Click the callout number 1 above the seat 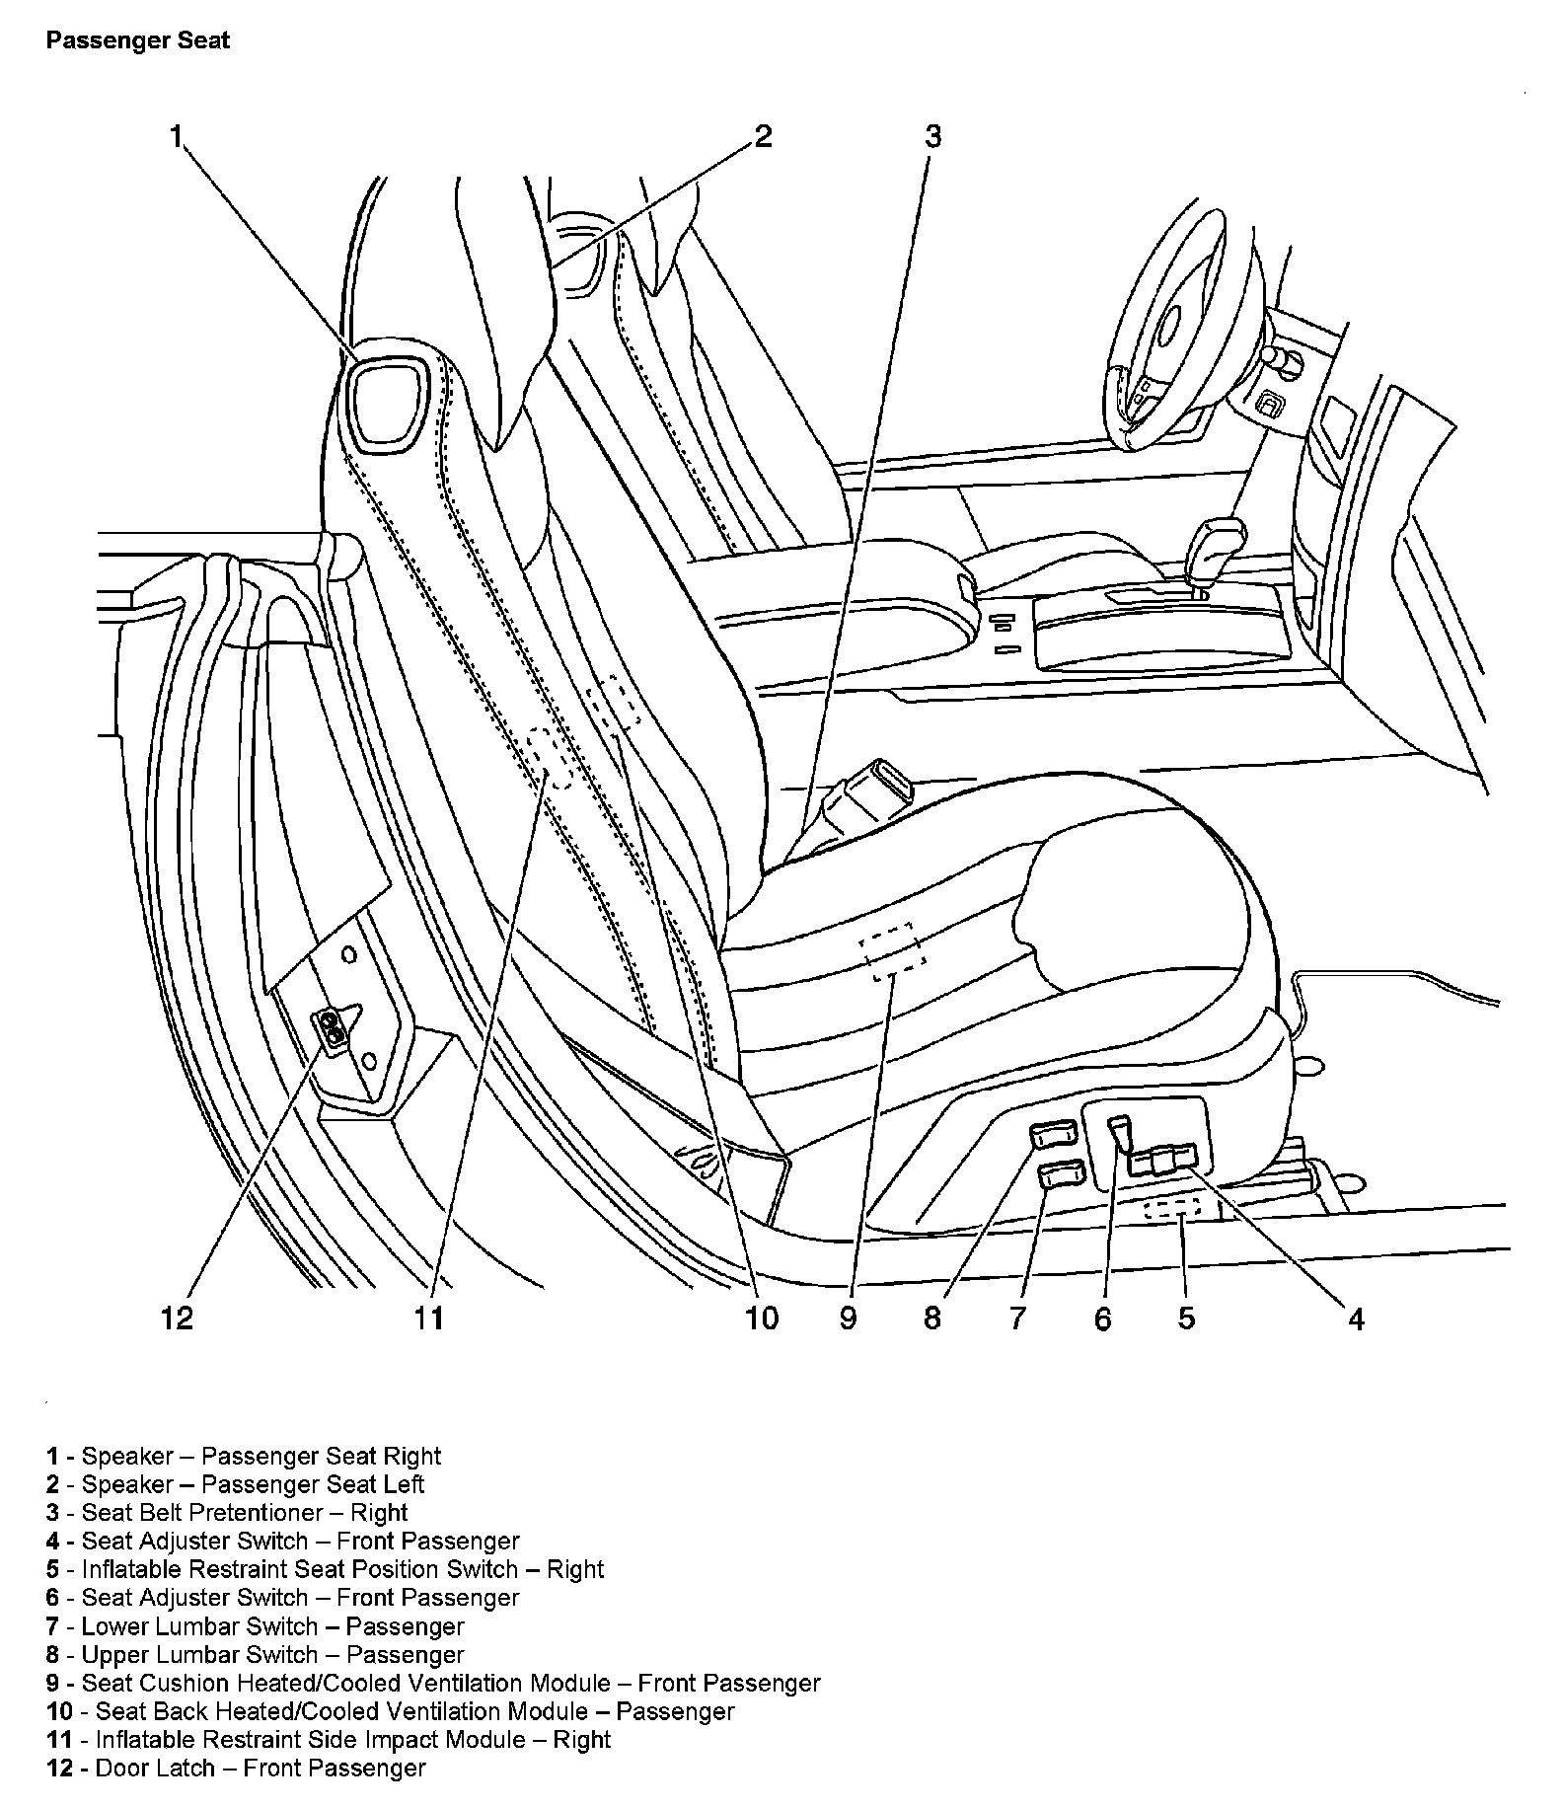[x=177, y=136]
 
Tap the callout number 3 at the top [x=932, y=136]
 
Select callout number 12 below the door [x=178, y=1318]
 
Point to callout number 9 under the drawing [x=848, y=1318]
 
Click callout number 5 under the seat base [x=1186, y=1318]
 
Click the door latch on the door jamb [x=334, y=1029]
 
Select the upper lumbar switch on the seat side [x=1055, y=1135]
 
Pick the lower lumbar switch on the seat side [x=1062, y=1174]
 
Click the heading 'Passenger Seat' [x=138, y=40]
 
